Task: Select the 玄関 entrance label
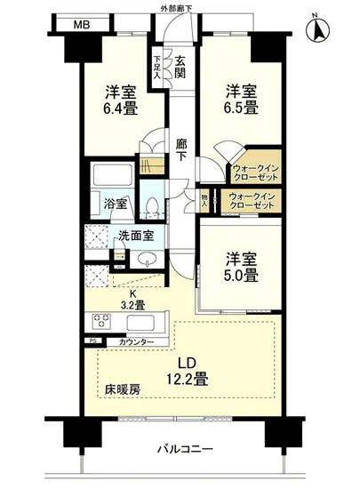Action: click(x=180, y=68)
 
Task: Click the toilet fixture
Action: click(x=154, y=207)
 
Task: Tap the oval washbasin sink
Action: click(x=147, y=261)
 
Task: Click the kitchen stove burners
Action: click(x=97, y=321)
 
